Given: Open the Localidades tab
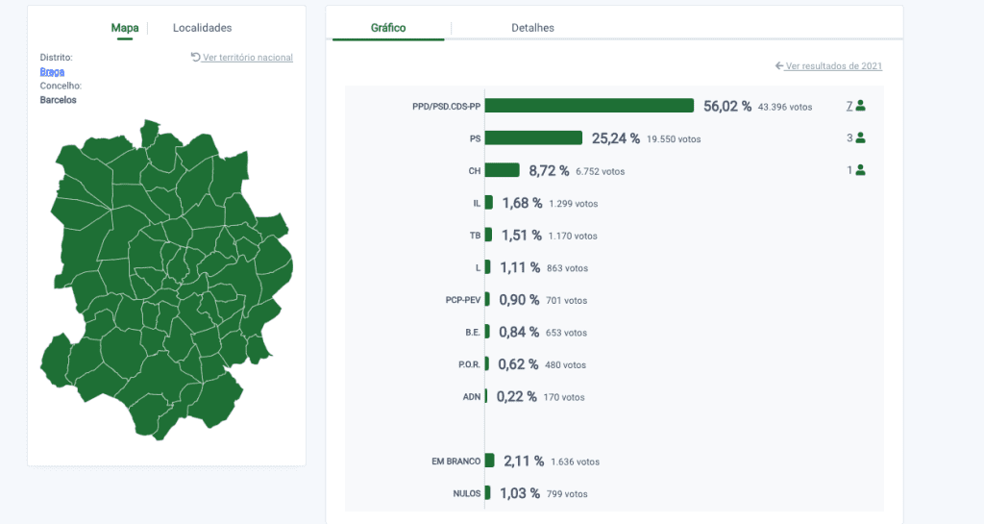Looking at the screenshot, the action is pyautogui.click(x=202, y=28).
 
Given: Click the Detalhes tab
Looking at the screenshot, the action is pyautogui.click(x=532, y=28).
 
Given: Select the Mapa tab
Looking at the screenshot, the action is pyautogui.click(x=125, y=28).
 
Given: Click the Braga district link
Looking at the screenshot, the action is pyautogui.click(x=52, y=71).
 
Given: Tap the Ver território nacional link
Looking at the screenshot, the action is pyautogui.click(x=242, y=57).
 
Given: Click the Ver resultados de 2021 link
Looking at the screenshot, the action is pyautogui.click(x=829, y=66).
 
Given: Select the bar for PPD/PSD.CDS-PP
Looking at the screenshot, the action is pyautogui.click(x=589, y=106).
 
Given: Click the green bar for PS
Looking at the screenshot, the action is pyautogui.click(x=533, y=137).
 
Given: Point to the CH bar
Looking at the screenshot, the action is pyautogui.click(x=502, y=170).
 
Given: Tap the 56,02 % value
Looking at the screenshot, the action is pyautogui.click(x=727, y=106).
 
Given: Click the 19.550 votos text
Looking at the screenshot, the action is pyautogui.click(x=674, y=139).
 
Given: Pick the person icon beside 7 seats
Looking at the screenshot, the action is pyautogui.click(x=860, y=106).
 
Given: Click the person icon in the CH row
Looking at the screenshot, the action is pyautogui.click(x=860, y=170).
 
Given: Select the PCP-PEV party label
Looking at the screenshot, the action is pyautogui.click(x=463, y=300).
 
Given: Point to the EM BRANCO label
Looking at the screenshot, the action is pyautogui.click(x=456, y=462).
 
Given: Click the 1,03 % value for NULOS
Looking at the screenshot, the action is pyautogui.click(x=520, y=494).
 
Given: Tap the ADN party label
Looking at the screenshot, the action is pyautogui.click(x=472, y=397).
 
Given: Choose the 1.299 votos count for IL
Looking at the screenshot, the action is pyautogui.click(x=573, y=204).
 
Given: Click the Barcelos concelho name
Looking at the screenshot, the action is pyautogui.click(x=59, y=100).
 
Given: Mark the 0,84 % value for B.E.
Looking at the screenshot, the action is pyautogui.click(x=519, y=332).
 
